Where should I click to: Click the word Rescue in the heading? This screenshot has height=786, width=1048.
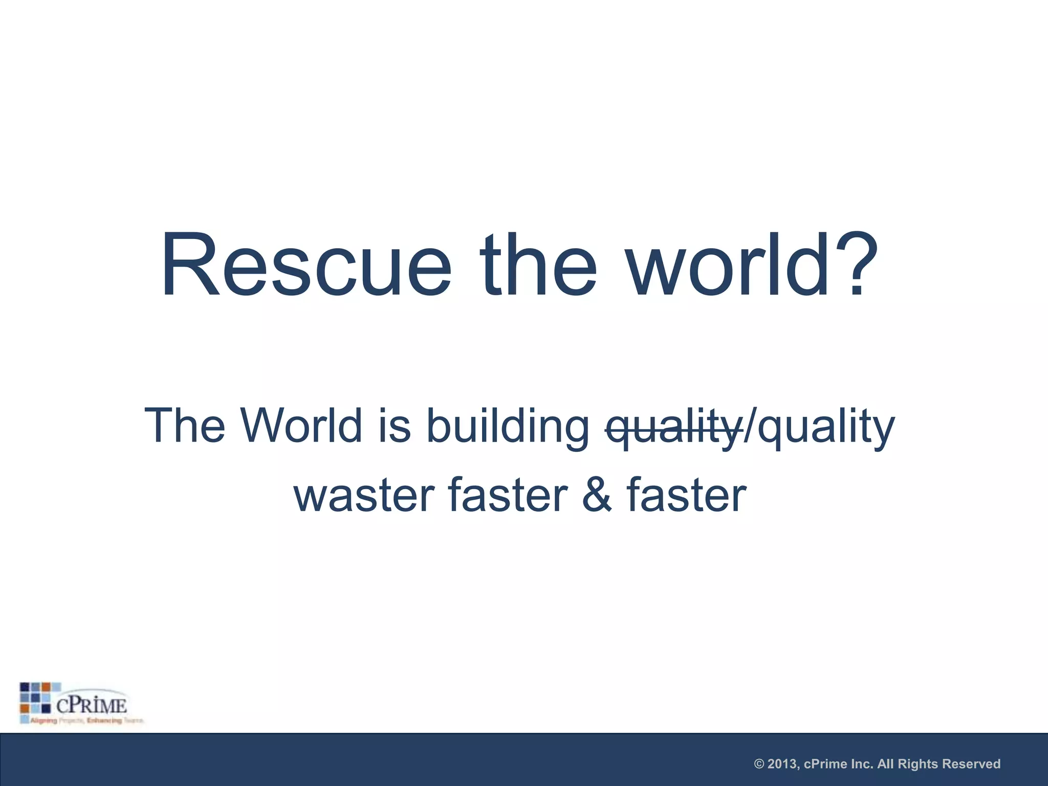306,265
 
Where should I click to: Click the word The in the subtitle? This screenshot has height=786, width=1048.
185,426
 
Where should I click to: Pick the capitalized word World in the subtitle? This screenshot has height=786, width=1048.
302,426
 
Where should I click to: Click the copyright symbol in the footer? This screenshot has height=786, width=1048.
759,765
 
